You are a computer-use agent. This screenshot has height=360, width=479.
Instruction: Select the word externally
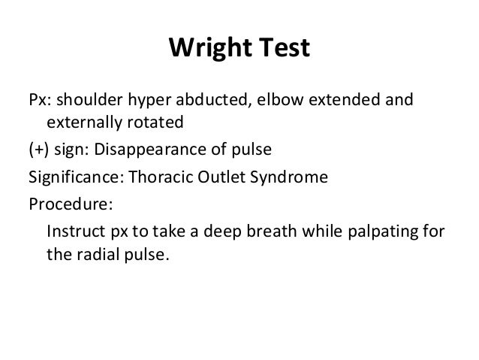pyautogui.click(x=81, y=122)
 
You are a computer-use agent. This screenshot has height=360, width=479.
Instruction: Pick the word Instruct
pyautogui.click(x=72, y=230)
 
